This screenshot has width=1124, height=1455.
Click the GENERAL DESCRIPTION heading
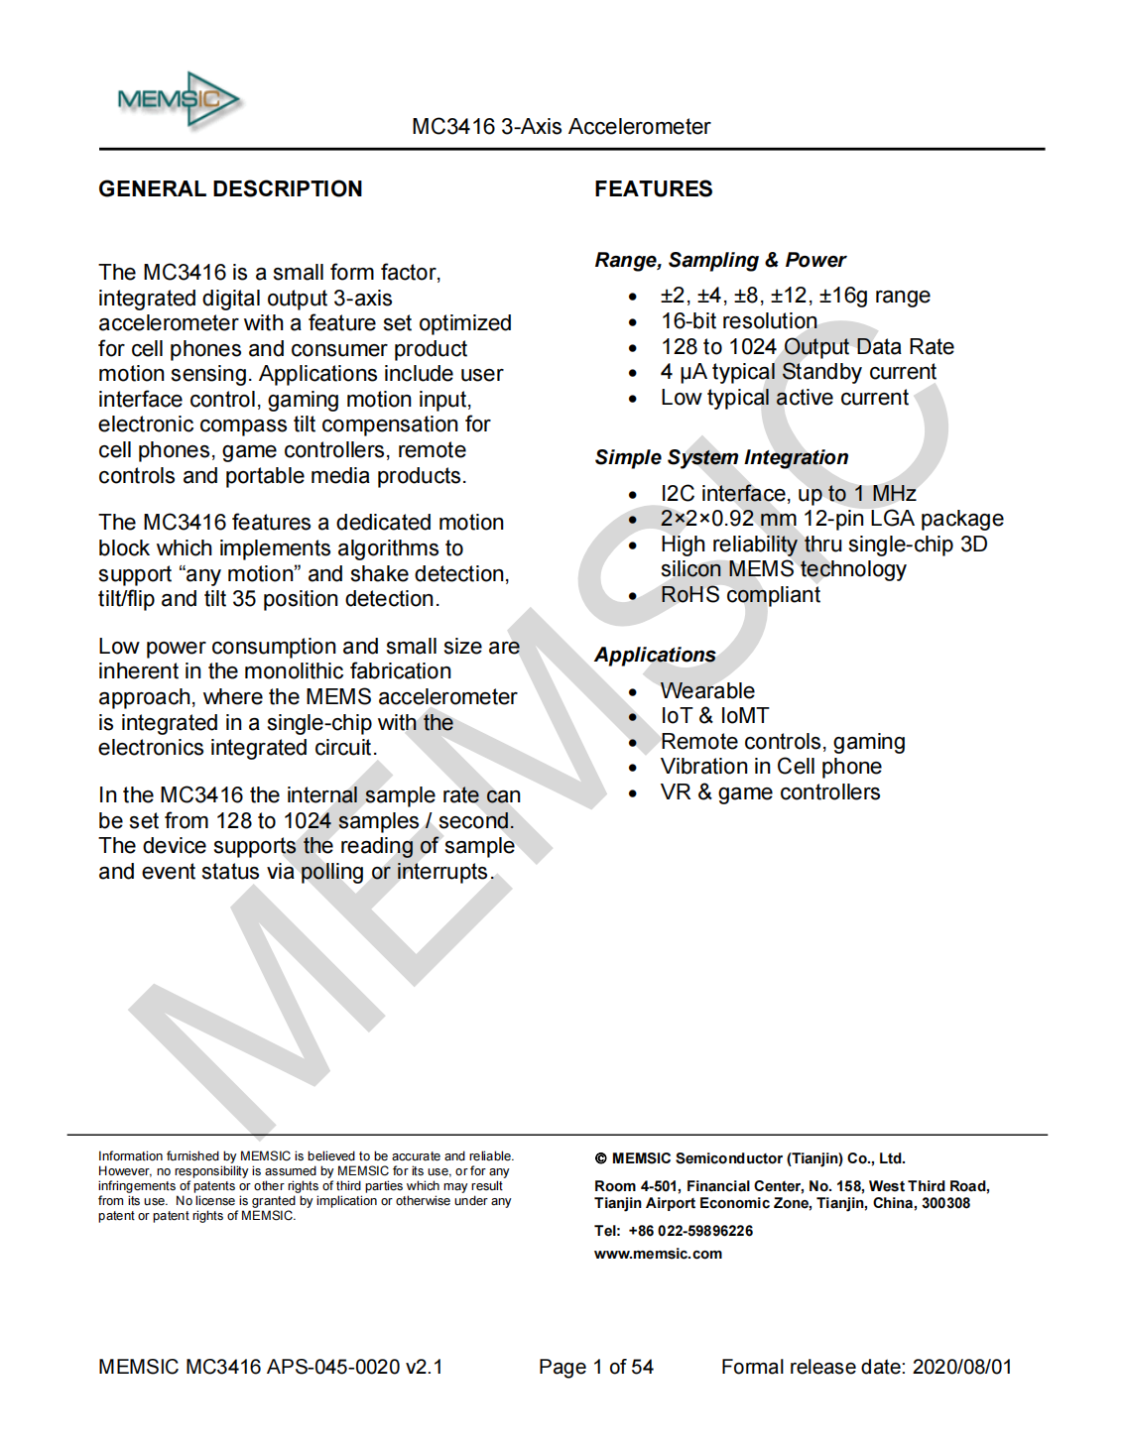click(230, 188)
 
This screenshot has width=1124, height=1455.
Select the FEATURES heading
click(653, 188)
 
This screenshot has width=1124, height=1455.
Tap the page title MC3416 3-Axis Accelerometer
click(561, 127)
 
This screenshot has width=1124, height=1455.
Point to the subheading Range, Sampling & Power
click(720, 260)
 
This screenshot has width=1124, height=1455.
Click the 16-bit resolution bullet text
click(739, 321)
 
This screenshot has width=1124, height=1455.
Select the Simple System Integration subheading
click(721, 457)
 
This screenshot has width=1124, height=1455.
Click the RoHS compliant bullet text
click(740, 595)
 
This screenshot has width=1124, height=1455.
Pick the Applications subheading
click(655, 655)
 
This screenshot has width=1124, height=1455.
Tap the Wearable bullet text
click(707, 690)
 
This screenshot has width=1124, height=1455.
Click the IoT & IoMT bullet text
click(714, 716)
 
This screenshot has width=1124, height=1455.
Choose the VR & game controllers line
click(770, 792)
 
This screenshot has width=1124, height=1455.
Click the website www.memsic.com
click(658, 1254)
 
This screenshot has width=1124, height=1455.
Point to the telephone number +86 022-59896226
click(690, 1231)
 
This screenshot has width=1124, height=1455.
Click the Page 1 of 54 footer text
click(595, 1367)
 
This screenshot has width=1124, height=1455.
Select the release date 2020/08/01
click(961, 1367)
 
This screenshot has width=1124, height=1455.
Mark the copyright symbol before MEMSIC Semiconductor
click(600, 1158)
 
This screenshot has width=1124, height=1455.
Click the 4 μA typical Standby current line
click(798, 372)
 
